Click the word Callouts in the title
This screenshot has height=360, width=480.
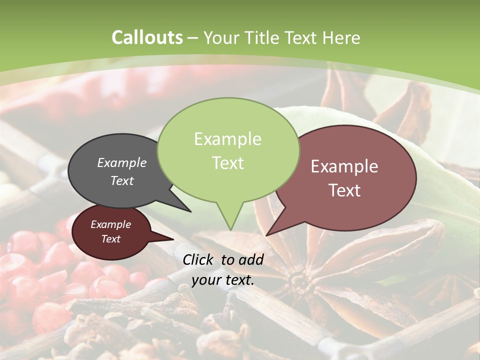[x=147, y=37]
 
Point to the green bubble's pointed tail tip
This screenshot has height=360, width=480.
[x=230, y=230]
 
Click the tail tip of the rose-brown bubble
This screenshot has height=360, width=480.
[x=266, y=235]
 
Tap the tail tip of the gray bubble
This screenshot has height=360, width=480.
[x=190, y=211]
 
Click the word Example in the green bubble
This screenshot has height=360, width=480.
[x=227, y=139]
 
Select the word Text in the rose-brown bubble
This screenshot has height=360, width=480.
[x=344, y=190]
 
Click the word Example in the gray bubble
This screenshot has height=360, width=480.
[x=121, y=162]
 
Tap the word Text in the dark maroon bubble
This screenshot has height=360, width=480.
[x=110, y=239]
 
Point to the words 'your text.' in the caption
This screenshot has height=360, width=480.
[x=222, y=280]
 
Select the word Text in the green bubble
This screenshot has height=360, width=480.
[x=228, y=163]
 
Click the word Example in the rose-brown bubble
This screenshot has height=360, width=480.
[x=344, y=166]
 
